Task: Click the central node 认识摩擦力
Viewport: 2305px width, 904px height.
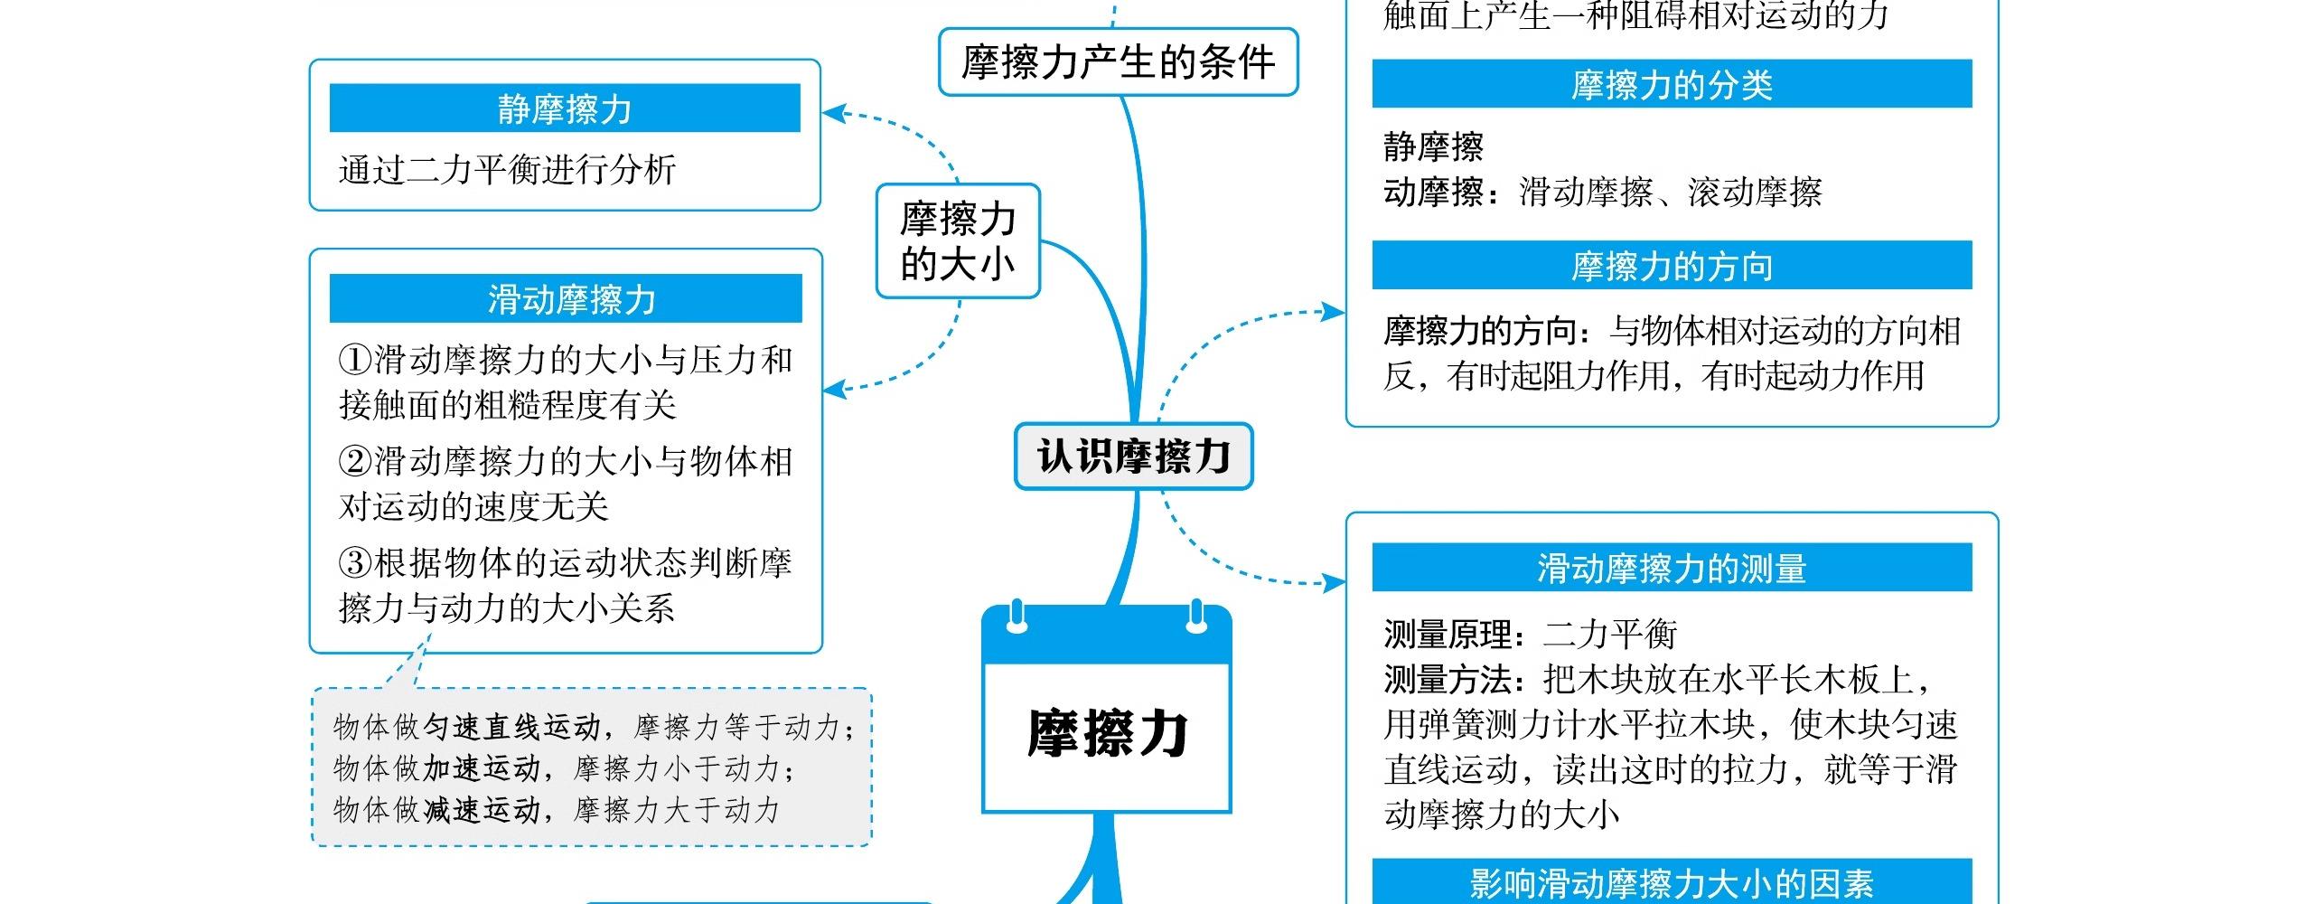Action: (x=1133, y=457)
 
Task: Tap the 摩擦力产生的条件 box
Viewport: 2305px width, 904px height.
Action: (x=1118, y=62)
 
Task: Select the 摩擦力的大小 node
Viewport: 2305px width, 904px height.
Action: (x=958, y=241)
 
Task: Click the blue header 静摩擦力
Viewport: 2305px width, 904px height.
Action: (x=565, y=108)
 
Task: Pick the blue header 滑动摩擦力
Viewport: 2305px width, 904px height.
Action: (x=571, y=298)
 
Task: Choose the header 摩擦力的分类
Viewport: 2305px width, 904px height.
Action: (x=1672, y=84)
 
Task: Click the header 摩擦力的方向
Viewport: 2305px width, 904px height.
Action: (x=1672, y=266)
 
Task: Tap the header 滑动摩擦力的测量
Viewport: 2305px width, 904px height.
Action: (x=1672, y=568)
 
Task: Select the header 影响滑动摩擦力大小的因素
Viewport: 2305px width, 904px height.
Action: (x=1672, y=883)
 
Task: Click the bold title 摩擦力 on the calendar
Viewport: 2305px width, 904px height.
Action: (x=1107, y=733)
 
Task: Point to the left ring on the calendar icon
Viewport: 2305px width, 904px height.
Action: (x=1017, y=617)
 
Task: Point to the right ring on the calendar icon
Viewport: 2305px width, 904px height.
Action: (x=1196, y=617)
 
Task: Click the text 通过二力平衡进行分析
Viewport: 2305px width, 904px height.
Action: (x=507, y=170)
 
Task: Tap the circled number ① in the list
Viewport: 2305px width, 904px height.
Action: (x=354, y=361)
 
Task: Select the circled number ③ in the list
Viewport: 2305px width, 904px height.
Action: (x=354, y=564)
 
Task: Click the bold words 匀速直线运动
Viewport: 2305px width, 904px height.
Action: (x=512, y=726)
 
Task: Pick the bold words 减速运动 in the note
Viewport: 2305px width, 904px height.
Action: (x=482, y=809)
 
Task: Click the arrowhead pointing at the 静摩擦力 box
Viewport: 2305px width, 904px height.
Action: (x=832, y=114)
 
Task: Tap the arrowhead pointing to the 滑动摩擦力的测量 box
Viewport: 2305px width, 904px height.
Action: (x=1335, y=582)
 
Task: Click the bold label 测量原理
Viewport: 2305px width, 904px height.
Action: (x=1448, y=635)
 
